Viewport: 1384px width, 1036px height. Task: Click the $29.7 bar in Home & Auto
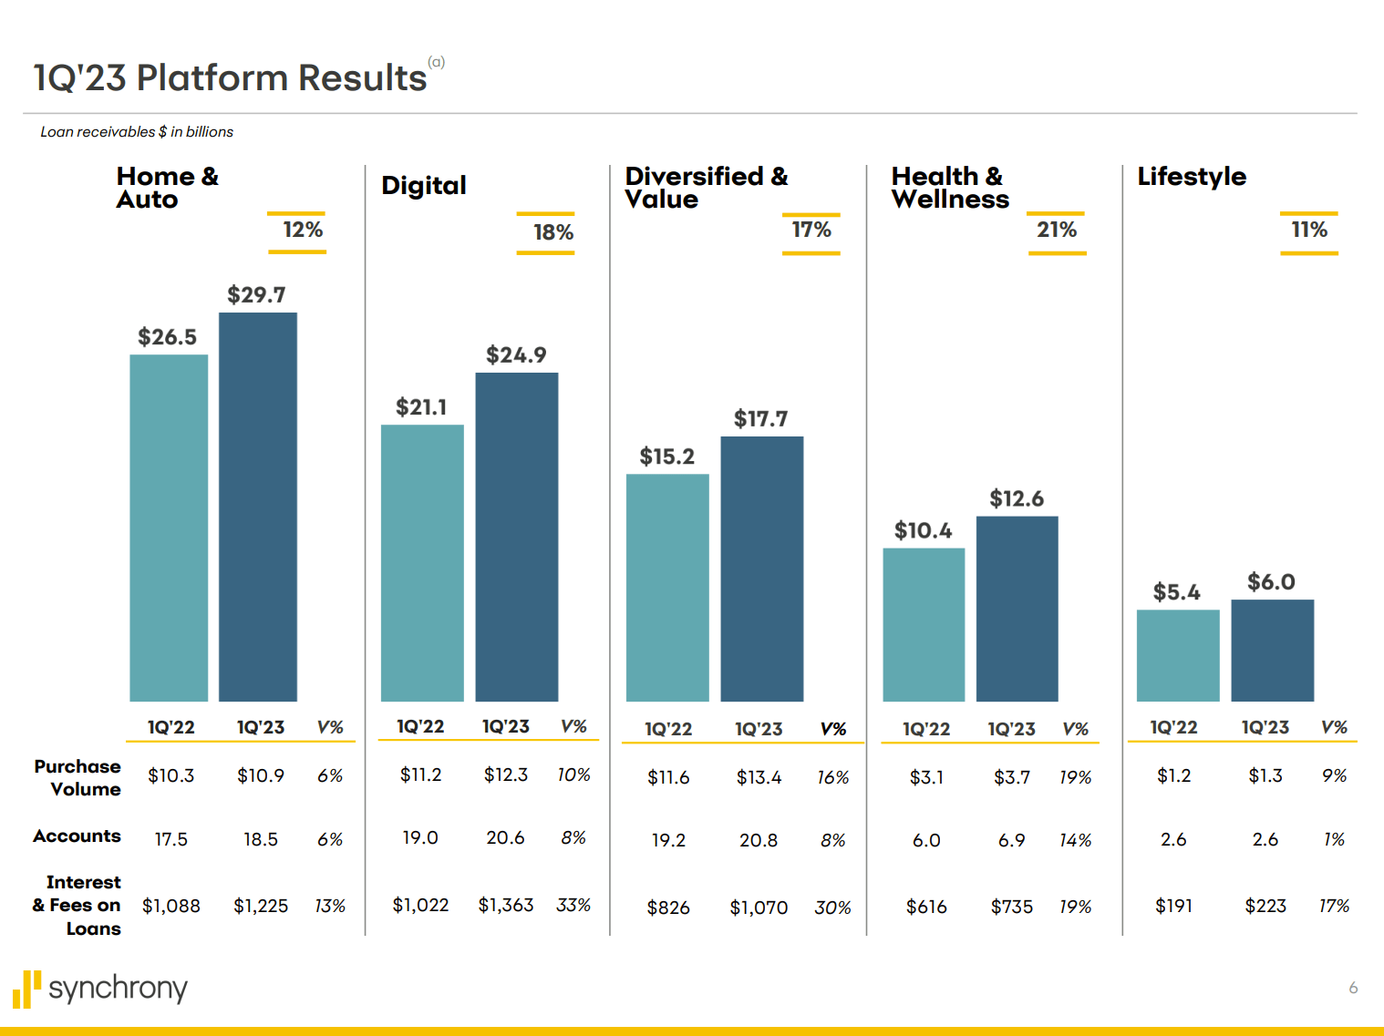click(x=258, y=507)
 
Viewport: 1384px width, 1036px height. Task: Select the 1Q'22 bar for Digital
click(x=421, y=562)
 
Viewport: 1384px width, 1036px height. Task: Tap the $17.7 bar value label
click(x=760, y=419)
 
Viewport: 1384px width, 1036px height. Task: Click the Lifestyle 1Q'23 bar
click(x=1272, y=650)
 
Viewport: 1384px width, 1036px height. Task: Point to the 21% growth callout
click(x=1057, y=231)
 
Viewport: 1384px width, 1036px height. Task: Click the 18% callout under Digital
click(x=553, y=233)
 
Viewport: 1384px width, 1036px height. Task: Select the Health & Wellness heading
click(x=949, y=188)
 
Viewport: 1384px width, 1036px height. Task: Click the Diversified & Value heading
click(x=706, y=188)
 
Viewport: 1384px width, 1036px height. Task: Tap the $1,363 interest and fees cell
click(x=505, y=906)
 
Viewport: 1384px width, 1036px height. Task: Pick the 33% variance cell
click(x=573, y=906)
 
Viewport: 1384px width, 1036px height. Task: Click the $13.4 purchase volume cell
click(x=759, y=778)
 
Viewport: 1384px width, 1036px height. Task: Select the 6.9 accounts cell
click(x=1011, y=840)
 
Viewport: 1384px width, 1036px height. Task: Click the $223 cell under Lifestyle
click(x=1265, y=907)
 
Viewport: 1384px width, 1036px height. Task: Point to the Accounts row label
click(x=77, y=836)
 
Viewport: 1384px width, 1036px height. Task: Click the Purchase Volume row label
click(x=78, y=778)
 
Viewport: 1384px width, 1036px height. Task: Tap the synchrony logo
click(x=100, y=989)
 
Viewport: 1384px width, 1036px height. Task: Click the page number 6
click(x=1353, y=988)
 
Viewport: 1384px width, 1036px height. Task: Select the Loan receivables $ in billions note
click(x=137, y=132)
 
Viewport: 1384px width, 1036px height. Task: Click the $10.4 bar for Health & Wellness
click(x=924, y=624)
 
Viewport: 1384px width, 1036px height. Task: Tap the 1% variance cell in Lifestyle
click(x=1334, y=840)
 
